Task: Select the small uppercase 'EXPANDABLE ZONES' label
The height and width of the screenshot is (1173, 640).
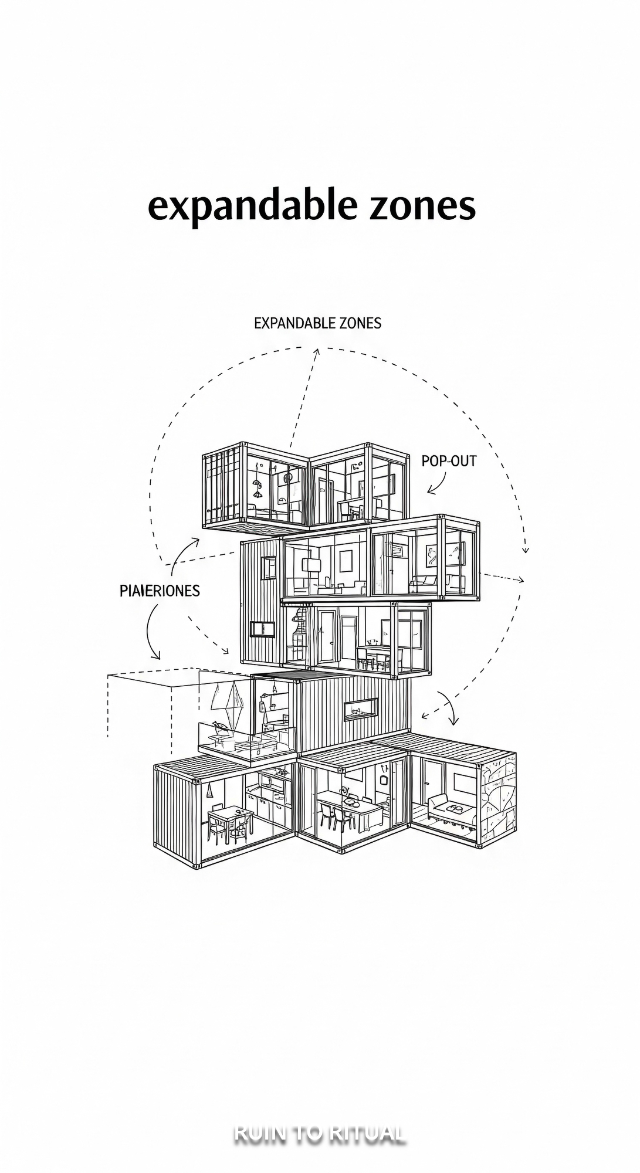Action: (317, 323)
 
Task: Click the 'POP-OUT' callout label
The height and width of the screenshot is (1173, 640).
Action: (449, 461)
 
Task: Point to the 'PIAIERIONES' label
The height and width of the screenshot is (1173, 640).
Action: (160, 591)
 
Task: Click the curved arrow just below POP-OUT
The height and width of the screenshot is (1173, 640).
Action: (436, 484)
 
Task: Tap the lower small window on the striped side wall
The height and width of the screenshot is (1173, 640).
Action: (263, 629)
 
